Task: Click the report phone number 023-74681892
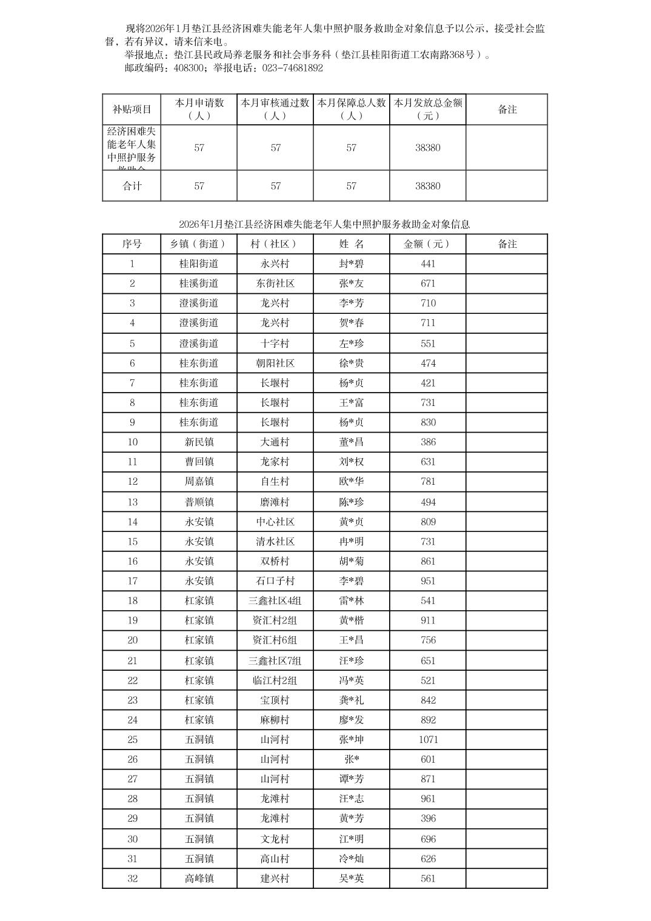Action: [x=292, y=68]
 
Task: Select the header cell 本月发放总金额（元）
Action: [x=428, y=109]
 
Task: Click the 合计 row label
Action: [x=132, y=186]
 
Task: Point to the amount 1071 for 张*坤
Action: [x=428, y=740]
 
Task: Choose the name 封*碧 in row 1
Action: [x=352, y=264]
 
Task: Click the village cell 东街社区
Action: [x=275, y=284]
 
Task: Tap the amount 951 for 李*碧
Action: [x=428, y=581]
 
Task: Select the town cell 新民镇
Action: [x=199, y=442]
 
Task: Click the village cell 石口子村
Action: [x=275, y=581]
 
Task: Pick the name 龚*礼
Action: [x=352, y=700]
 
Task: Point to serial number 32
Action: [x=132, y=879]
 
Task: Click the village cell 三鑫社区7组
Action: [x=275, y=661]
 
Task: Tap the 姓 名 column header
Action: [x=352, y=244]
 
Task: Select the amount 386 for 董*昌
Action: [x=428, y=442]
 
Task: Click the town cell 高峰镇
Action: [x=199, y=879]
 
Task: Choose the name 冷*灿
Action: [x=352, y=859]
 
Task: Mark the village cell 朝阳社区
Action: [x=275, y=364]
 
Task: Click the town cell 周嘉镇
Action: [x=199, y=482]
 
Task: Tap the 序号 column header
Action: [x=132, y=244]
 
